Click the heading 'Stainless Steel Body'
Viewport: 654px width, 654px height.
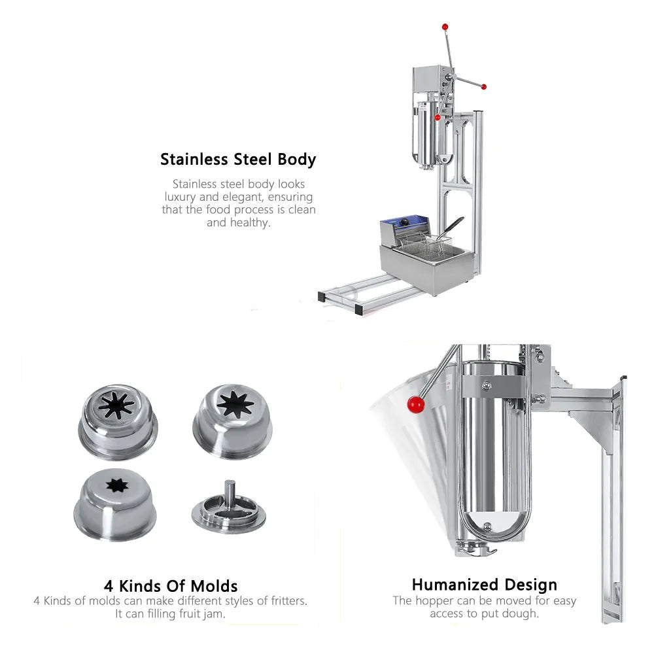click(x=238, y=160)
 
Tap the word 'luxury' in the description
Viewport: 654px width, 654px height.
click(x=180, y=197)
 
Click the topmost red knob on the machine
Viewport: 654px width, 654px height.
click(x=445, y=27)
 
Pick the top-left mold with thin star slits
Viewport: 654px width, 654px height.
click(x=118, y=419)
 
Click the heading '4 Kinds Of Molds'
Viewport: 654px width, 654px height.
click(x=171, y=585)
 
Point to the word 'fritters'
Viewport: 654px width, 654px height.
click(x=284, y=600)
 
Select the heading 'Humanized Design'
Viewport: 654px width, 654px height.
click(x=484, y=585)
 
